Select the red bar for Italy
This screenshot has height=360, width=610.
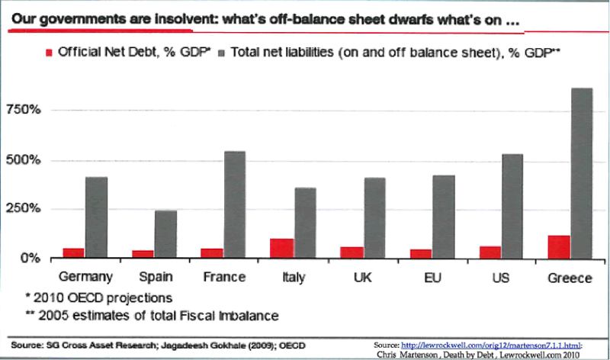point(281,249)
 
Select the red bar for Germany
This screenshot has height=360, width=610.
point(74,253)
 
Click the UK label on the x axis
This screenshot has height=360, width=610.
point(362,277)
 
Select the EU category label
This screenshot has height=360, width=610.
point(431,277)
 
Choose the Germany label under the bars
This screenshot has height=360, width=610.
point(85,277)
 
